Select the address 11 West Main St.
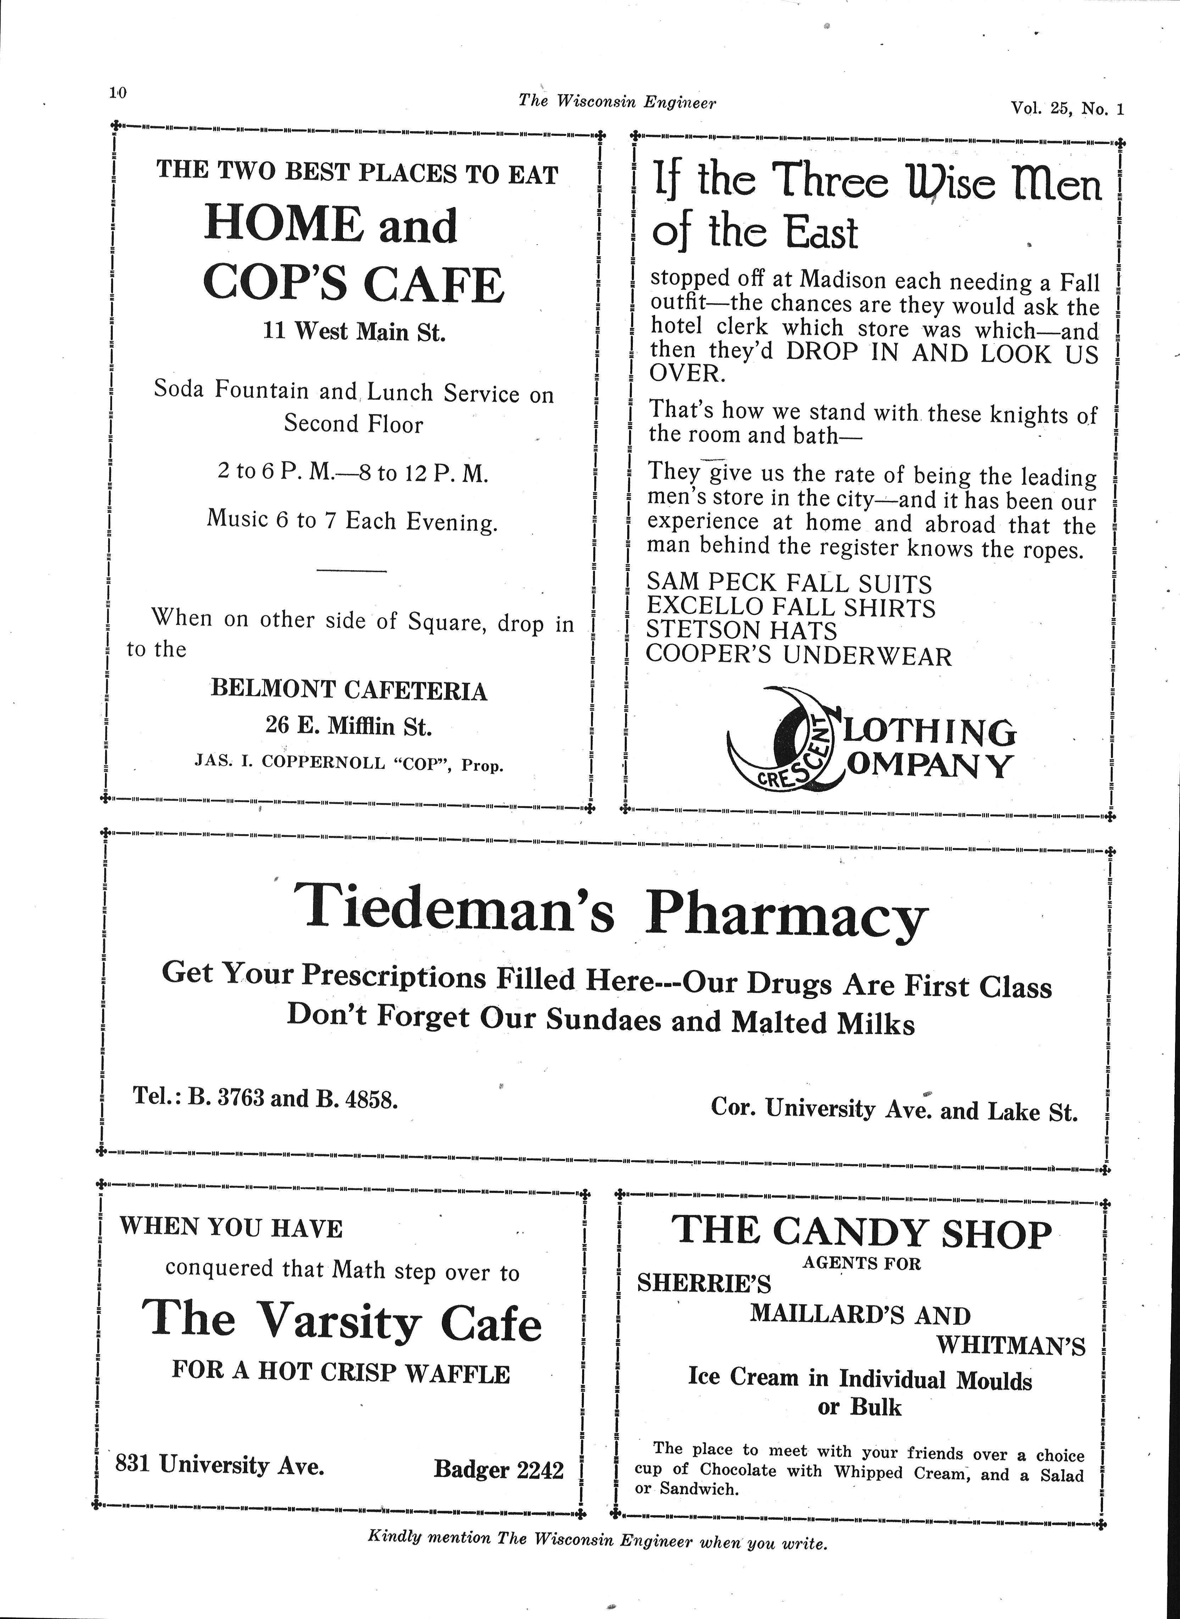coord(354,332)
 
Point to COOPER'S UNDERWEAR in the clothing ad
coord(798,655)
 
